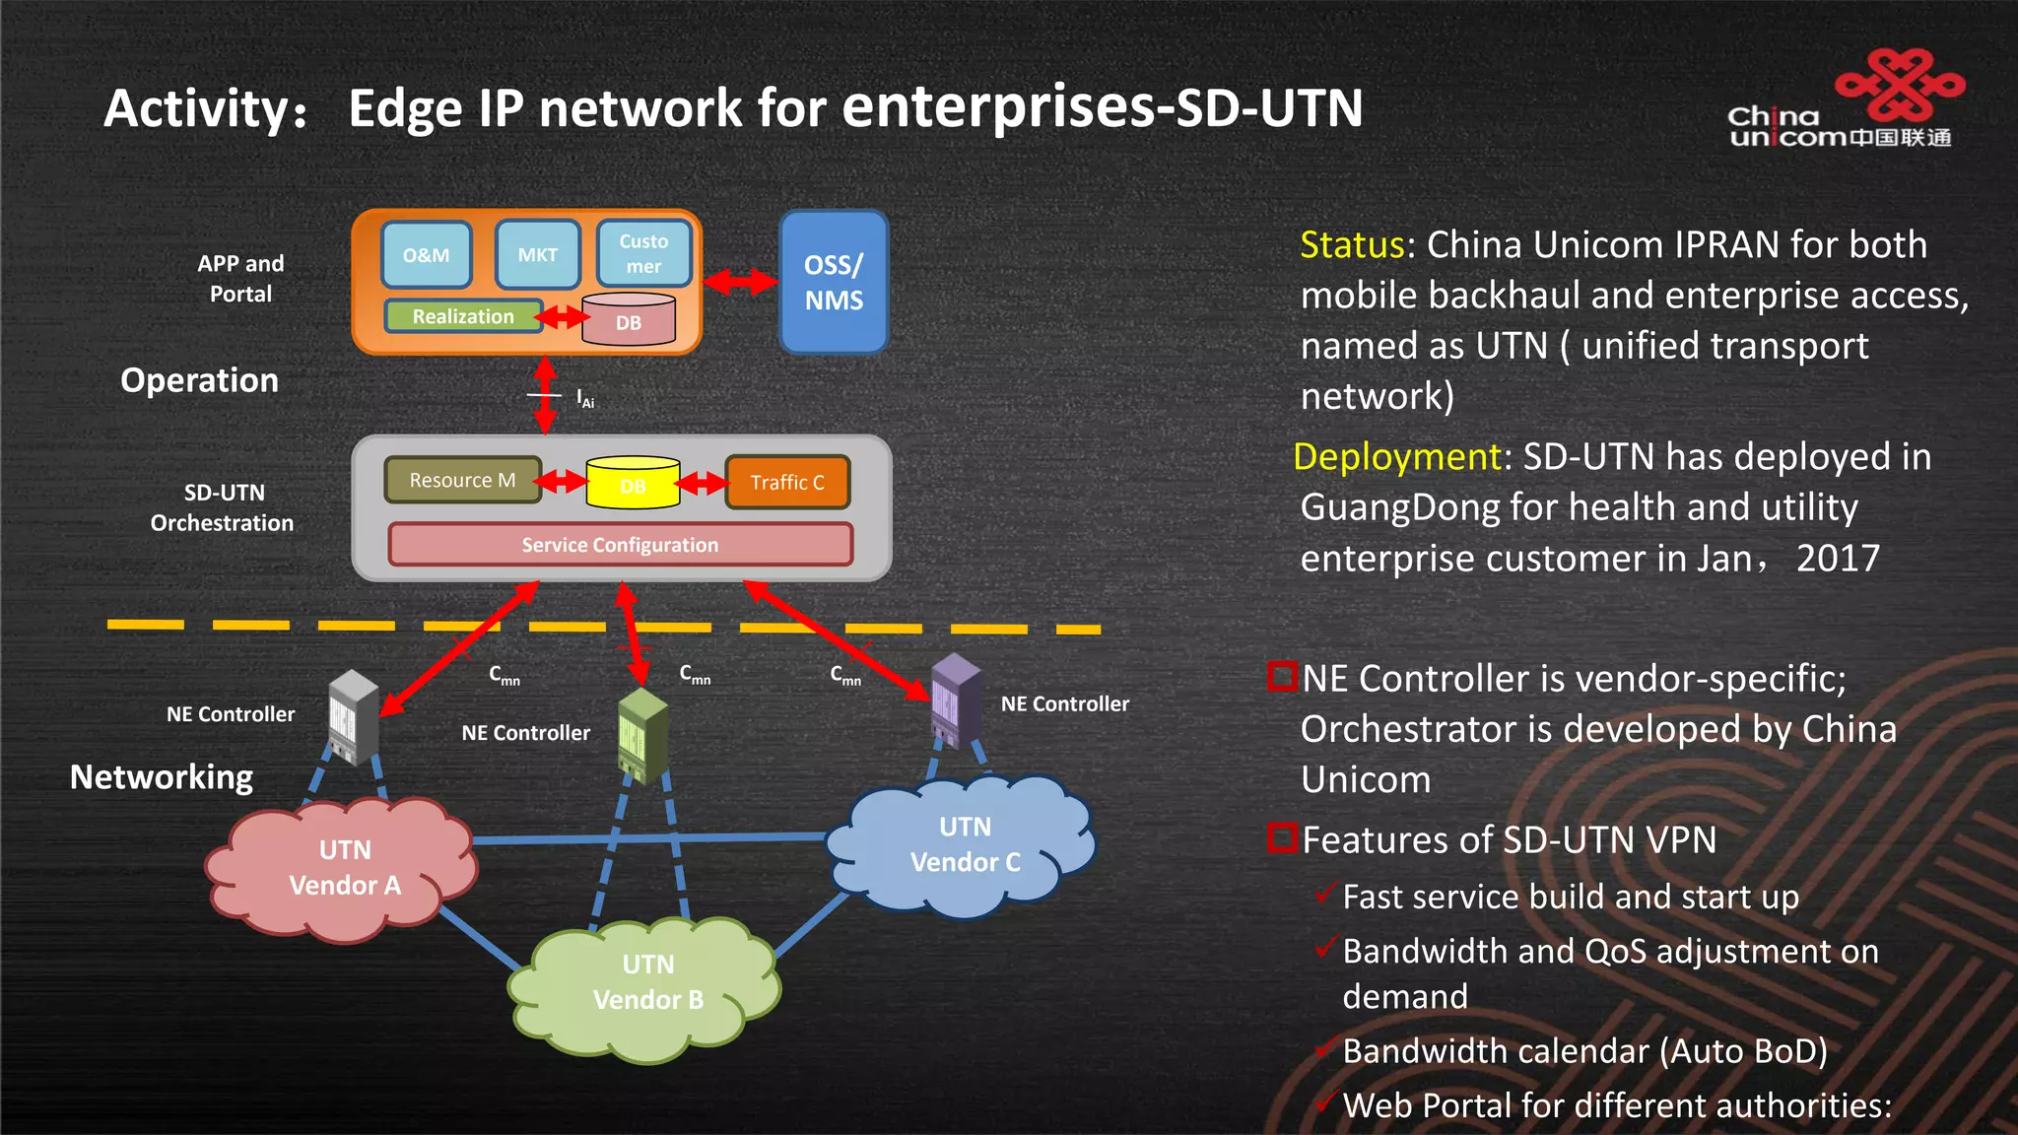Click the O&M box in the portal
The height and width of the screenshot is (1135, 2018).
tap(426, 255)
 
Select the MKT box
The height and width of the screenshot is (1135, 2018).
tap(537, 255)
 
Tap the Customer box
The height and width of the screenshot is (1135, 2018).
tap(643, 254)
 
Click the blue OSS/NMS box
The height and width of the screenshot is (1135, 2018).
tap(834, 283)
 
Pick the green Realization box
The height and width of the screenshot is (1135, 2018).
tap(463, 316)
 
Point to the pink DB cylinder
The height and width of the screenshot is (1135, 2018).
tap(629, 321)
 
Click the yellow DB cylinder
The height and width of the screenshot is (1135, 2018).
tap(633, 483)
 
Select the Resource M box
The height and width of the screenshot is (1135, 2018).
tap(462, 480)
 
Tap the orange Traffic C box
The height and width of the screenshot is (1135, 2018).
tap(786, 482)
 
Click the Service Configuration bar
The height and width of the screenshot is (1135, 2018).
tap(620, 545)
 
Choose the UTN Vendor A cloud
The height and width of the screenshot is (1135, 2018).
tap(343, 868)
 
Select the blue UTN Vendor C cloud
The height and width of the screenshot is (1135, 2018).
tap(964, 845)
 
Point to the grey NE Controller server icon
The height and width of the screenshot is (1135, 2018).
tap(353, 717)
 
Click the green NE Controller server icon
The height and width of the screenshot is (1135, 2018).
tap(642, 736)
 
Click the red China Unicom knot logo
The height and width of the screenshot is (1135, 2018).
tap(1901, 84)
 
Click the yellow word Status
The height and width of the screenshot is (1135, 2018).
tap(1351, 244)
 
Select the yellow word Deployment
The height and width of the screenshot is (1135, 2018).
tap(1396, 457)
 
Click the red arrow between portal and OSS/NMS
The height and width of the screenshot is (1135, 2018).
tap(741, 282)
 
